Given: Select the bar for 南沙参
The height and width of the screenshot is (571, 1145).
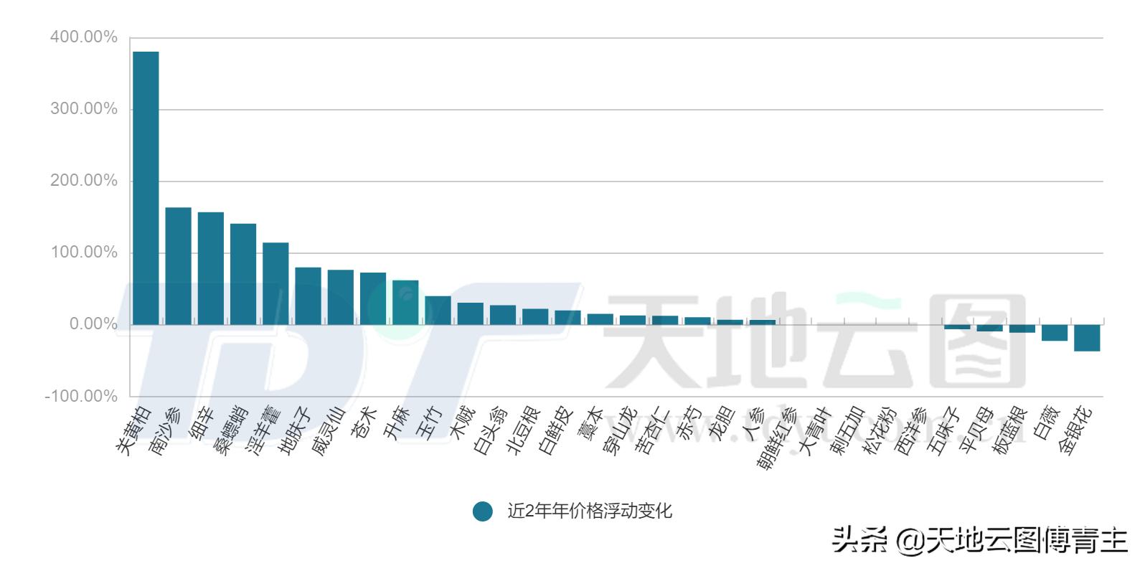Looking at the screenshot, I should pyautogui.click(x=178, y=266).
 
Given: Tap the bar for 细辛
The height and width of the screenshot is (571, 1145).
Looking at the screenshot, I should pyautogui.click(x=211, y=268).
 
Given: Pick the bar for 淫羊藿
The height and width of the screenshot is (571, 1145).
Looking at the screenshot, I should pyautogui.click(x=275, y=283).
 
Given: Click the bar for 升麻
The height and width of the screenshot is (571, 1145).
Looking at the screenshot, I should pyautogui.click(x=405, y=302).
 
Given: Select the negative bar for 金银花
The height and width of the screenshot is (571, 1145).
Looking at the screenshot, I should pyautogui.click(x=1087, y=338).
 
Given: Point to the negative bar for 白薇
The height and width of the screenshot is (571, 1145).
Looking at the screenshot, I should pyautogui.click(x=1055, y=333).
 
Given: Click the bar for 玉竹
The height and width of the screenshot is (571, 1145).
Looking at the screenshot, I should pyautogui.click(x=438, y=310).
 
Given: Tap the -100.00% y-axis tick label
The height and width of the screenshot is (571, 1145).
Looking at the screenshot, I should pyautogui.click(x=81, y=396).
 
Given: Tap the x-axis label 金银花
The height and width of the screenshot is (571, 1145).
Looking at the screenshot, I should pyautogui.click(x=1076, y=428).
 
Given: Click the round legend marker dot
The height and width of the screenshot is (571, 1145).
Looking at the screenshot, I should pyautogui.click(x=483, y=511).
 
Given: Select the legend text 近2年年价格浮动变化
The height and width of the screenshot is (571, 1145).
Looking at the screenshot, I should pyautogui.click(x=590, y=511).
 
